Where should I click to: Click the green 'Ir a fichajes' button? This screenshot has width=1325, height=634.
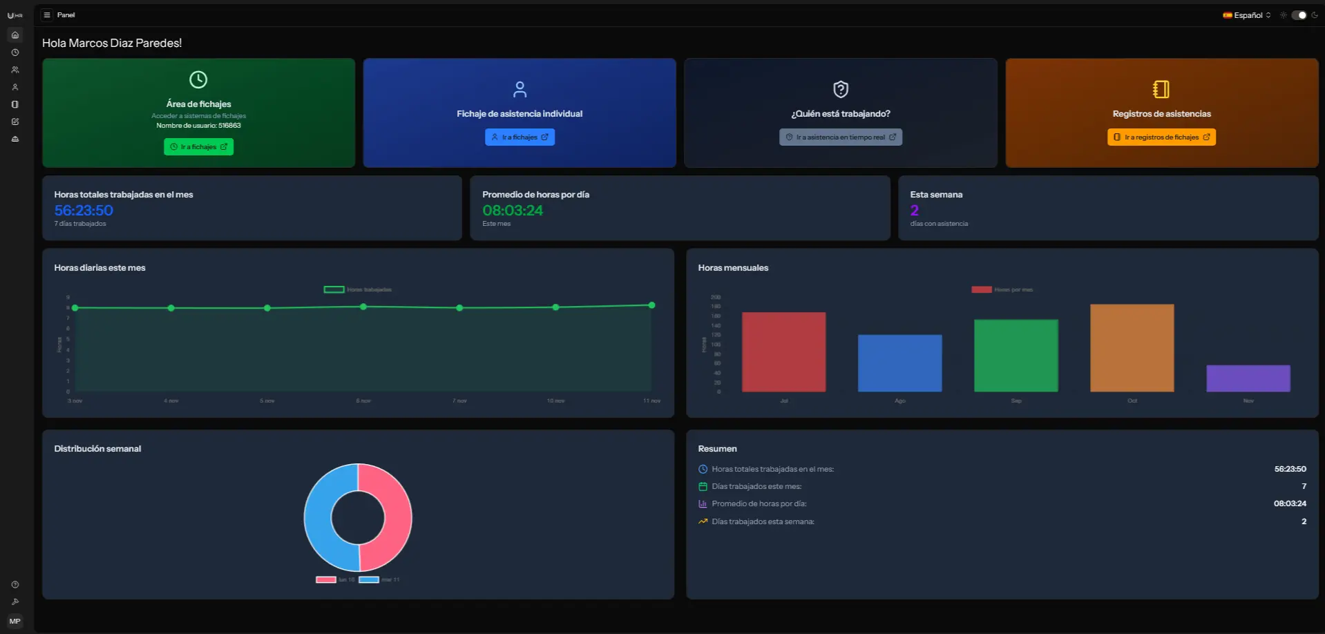point(198,147)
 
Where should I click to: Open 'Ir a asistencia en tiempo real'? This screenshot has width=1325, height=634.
point(840,137)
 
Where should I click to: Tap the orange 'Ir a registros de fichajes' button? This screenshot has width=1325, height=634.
point(1161,137)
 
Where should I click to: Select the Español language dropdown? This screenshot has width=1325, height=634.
point(1247,15)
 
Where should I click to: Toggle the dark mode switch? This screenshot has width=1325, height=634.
point(1299,15)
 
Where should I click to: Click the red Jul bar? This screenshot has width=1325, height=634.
point(783,352)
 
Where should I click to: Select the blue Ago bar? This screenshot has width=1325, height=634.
point(899,363)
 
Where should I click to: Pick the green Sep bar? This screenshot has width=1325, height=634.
point(1016,356)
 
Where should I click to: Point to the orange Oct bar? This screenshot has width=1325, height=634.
point(1132,348)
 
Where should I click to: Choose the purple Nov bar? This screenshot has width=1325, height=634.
point(1248,378)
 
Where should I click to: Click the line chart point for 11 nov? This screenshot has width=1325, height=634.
point(651,305)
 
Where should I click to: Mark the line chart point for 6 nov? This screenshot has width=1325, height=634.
point(363,307)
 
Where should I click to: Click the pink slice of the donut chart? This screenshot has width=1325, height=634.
point(397,517)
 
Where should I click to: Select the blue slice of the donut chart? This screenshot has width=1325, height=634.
point(318,517)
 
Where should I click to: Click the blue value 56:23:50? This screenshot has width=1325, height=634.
point(84,211)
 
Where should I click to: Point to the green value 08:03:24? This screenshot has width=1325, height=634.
point(513,211)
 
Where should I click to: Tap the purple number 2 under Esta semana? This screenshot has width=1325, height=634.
point(914,211)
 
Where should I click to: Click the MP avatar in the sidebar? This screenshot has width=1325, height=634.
point(15,621)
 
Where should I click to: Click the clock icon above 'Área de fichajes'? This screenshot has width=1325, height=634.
point(198,79)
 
